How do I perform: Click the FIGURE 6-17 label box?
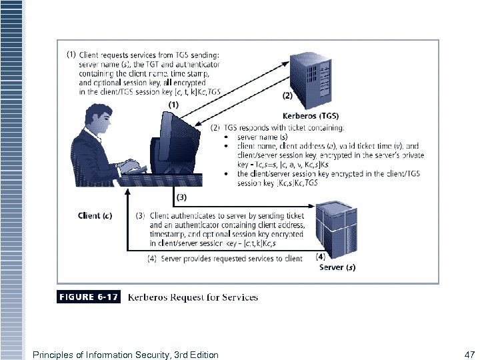[x=88, y=297]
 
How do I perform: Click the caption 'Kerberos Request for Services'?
[x=193, y=297]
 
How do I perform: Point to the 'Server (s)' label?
[x=337, y=267]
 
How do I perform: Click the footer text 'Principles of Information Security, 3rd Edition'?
[x=125, y=355]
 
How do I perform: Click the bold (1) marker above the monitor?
[x=173, y=105]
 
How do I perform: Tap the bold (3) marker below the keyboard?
[x=181, y=197]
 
